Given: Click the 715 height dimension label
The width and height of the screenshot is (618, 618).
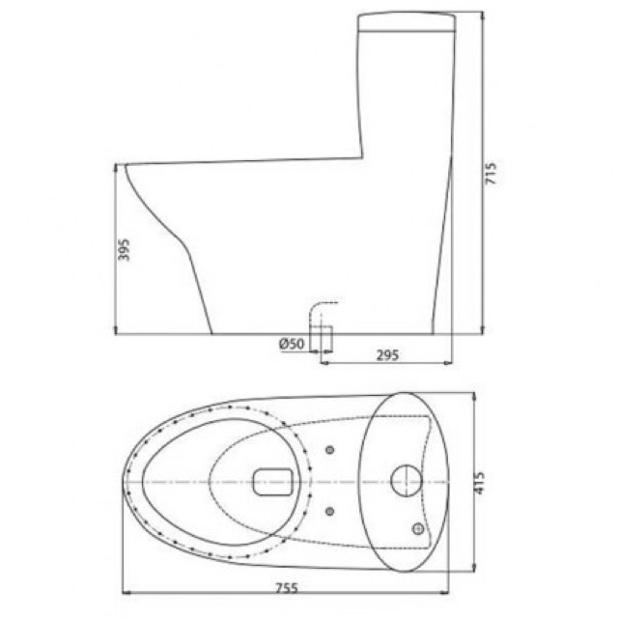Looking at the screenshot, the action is coord(491,173).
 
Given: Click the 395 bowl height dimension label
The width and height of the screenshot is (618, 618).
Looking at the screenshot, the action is coord(124,249).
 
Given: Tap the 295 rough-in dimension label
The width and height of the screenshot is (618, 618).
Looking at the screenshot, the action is coord(387,355).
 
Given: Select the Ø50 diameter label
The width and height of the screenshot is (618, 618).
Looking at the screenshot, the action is coord(292,344).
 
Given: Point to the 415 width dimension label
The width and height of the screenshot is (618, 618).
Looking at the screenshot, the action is coord(479,483).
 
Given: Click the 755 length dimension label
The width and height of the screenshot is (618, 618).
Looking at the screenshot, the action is coord(287,588).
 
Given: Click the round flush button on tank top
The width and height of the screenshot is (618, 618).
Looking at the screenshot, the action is coord(407,481).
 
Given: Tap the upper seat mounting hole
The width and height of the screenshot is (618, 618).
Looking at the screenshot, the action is coord(330,450).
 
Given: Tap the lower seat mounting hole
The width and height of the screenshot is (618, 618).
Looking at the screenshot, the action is coord(330,511).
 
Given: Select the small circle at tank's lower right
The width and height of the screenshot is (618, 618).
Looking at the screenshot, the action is coord(418,528).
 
